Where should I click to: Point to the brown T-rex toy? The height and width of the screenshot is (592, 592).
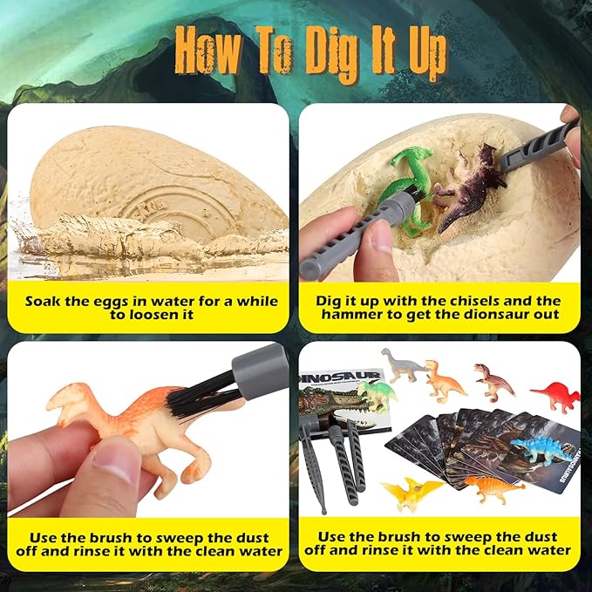click(x=493, y=381)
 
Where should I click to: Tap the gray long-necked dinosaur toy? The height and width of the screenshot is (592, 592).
click(x=405, y=364)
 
